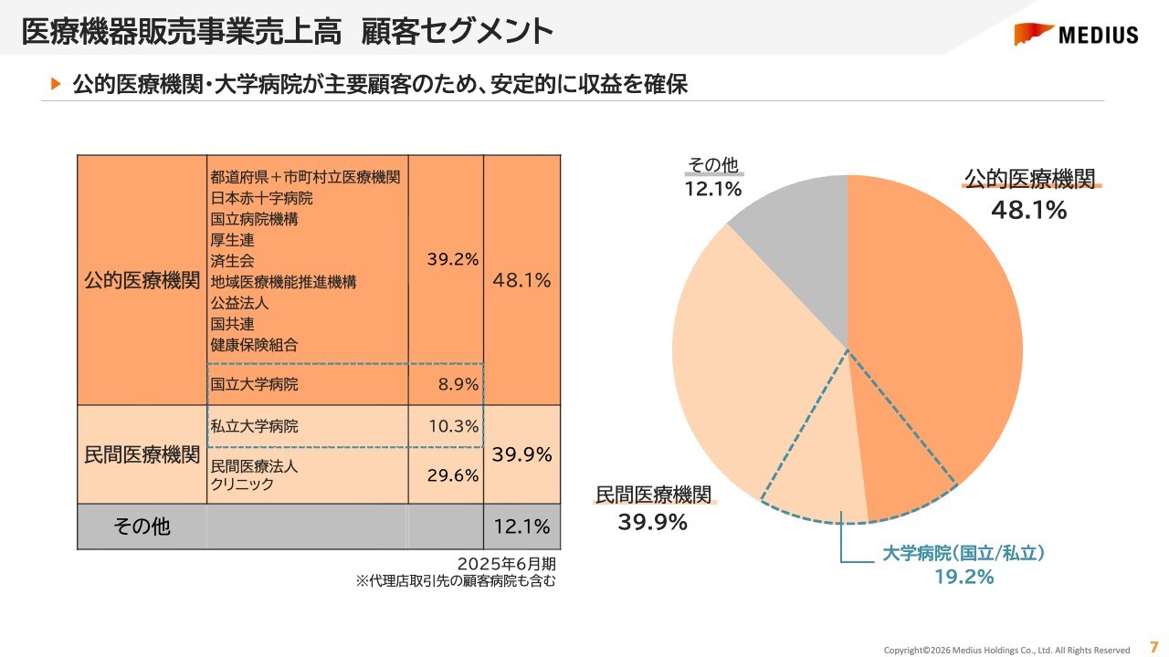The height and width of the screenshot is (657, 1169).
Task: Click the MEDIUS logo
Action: coord(1076,35)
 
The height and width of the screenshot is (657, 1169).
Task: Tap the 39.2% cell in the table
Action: coord(453,259)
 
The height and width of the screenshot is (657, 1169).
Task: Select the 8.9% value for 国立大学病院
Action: coord(458,384)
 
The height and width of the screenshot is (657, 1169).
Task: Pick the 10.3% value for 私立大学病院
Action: coord(454,425)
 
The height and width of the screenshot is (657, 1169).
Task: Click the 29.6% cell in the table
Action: coord(453,474)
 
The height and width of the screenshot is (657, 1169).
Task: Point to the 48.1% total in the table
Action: coord(521,281)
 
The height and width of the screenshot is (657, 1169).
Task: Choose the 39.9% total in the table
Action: coord(521,454)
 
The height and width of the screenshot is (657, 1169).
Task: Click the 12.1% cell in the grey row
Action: coord(521,527)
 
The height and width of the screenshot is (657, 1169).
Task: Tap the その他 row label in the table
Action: coord(142,527)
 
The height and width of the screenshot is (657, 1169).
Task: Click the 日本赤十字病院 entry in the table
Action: coord(261,198)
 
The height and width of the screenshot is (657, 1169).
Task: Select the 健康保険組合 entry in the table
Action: coord(254,345)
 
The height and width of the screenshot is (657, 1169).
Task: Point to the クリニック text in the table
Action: coord(242,485)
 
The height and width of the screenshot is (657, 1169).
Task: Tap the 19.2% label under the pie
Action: coord(964,577)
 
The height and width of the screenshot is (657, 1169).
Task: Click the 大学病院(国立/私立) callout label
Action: coord(964,553)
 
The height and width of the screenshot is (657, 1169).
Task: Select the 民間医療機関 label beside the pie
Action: coord(653,495)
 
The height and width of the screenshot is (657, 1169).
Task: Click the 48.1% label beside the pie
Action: coord(1029,211)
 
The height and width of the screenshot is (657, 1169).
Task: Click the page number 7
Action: coord(1153,644)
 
